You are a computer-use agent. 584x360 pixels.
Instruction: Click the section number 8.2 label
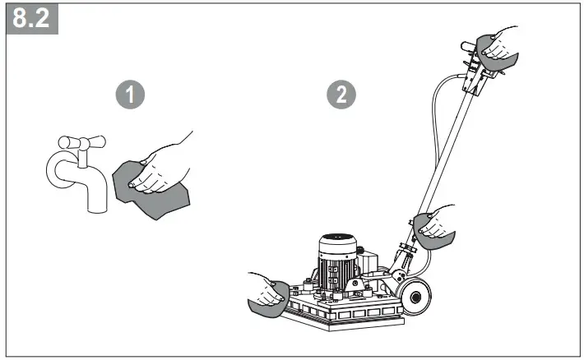point(30,18)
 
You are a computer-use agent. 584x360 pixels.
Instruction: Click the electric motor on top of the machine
point(341,259)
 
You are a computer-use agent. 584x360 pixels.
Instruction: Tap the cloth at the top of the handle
point(498,58)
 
